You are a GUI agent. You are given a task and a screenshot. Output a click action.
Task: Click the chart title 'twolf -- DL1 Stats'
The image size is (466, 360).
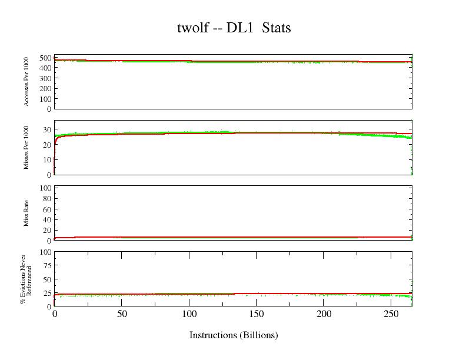234,28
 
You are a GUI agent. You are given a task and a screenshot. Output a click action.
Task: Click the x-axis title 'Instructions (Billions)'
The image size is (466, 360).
234,335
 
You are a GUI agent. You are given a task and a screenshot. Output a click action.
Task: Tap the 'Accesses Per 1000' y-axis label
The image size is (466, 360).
27,82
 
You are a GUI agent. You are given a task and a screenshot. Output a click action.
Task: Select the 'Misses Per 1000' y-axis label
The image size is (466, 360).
27,148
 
